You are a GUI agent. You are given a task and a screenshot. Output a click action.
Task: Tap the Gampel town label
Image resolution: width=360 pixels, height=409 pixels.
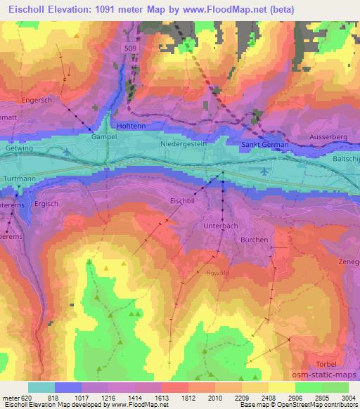click(104, 138)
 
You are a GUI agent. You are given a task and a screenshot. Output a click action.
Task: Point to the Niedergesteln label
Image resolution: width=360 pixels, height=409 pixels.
click(185, 143)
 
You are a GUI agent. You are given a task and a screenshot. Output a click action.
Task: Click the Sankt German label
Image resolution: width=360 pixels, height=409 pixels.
click(261, 143)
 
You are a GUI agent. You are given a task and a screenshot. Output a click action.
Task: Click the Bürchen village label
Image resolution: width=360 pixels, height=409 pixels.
click(254, 240)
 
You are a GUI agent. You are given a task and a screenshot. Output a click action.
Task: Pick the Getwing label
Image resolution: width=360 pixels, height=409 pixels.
click(18, 149)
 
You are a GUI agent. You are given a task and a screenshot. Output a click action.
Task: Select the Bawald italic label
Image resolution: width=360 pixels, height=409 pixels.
click(217, 272)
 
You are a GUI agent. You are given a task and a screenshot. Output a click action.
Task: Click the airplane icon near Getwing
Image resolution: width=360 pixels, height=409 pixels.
click(66, 151)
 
